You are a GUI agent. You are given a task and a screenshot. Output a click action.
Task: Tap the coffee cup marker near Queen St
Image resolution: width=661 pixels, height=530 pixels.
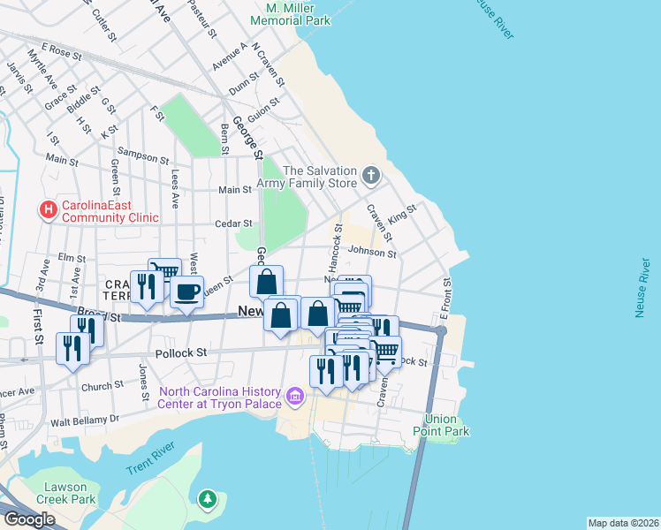186,291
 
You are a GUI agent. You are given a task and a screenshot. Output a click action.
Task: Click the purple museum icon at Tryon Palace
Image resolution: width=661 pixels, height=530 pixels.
295,397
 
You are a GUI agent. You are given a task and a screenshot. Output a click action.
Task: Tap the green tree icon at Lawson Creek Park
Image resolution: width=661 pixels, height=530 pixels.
208,501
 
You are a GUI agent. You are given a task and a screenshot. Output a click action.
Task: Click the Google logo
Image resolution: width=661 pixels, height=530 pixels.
28,519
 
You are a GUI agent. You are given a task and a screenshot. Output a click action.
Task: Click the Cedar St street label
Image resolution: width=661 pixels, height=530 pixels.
233,223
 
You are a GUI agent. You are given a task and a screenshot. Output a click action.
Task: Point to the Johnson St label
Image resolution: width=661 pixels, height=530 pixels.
371,252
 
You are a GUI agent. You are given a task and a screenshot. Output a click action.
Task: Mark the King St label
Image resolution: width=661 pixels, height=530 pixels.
401,214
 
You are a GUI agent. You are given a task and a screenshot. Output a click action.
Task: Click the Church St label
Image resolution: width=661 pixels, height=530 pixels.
103,386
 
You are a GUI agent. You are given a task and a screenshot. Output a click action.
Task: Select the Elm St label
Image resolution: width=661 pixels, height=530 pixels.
70,258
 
